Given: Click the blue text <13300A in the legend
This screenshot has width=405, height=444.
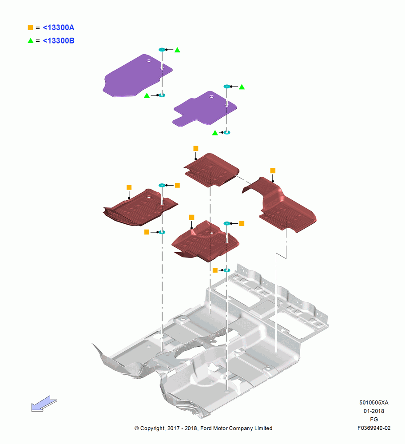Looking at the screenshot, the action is click(58, 28).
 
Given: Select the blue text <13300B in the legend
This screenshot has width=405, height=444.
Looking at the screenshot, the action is click(58, 41).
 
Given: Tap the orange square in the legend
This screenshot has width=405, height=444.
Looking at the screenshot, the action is click(30, 28).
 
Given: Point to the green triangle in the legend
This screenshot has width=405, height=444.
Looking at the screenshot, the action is click(31, 40).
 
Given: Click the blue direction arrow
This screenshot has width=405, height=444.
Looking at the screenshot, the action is click(44, 404).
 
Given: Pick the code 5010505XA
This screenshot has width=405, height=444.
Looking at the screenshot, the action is click(374, 402).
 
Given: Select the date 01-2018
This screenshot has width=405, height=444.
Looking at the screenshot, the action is click(374, 411).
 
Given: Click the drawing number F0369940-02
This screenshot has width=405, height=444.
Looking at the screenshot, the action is click(374, 428).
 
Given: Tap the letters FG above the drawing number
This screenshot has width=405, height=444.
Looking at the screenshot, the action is click(374, 420).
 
